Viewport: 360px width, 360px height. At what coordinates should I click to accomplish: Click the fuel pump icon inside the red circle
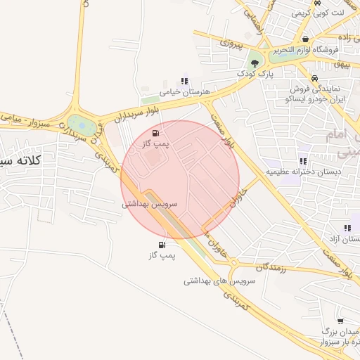tap(155, 132)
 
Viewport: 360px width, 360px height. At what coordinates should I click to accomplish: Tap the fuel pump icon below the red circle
tap(162, 245)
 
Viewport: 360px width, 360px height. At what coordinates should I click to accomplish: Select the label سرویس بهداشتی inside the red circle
tap(150, 204)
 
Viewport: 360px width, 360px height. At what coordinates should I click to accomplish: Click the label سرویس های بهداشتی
tap(219, 281)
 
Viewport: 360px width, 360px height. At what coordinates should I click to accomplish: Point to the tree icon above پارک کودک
tap(255, 63)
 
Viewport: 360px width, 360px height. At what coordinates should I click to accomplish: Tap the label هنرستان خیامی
tap(181, 92)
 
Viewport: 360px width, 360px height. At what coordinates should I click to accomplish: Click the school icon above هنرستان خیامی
tap(184, 81)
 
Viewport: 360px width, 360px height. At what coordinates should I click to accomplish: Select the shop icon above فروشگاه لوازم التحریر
tap(305, 39)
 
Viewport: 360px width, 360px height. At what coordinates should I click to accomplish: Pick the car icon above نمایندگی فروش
tap(314, 78)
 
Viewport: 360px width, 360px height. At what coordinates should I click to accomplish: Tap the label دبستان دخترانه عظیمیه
tap(303, 171)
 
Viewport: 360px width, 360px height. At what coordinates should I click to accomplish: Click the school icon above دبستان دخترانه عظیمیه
tap(303, 160)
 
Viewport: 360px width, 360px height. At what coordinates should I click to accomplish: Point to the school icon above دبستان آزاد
tap(347, 228)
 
